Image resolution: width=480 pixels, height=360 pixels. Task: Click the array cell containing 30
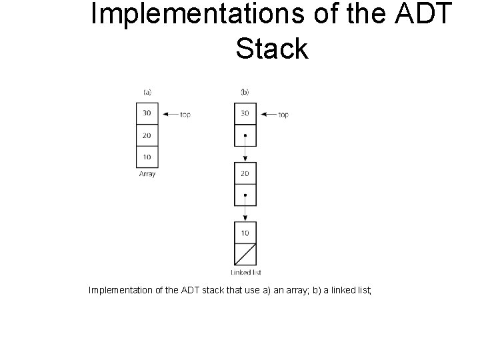pyautogui.click(x=147, y=113)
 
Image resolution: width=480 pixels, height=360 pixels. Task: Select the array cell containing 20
pyautogui.click(x=147, y=135)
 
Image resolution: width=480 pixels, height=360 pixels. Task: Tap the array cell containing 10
pyautogui.click(x=147, y=157)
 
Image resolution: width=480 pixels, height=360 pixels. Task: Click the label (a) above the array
pyautogui.click(x=147, y=92)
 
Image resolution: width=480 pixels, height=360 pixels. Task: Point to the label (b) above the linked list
pyautogui.click(x=245, y=92)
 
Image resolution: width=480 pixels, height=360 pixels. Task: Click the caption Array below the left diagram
pyautogui.click(x=147, y=174)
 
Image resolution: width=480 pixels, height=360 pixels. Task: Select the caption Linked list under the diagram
pyautogui.click(x=245, y=272)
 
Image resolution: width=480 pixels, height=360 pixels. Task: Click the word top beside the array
pyautogui.click(x=185, y=115)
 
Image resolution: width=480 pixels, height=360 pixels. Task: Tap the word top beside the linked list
pyautogui.click(x=283, y=115)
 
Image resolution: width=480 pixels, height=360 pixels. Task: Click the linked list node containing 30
pyautogui.click(x=245, y=113)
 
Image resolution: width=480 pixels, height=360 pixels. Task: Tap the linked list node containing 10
pyautogui.click(x=245, y=233)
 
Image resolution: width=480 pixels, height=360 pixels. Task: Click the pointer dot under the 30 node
pyautogui.click(x=245, y=135)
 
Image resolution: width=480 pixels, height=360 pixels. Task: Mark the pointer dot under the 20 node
pyautogui.click(x=245, y=195)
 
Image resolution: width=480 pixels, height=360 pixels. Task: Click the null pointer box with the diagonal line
pyautogui.click(x=245, y=255)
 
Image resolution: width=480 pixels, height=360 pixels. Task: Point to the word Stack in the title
pyautogui.click(x=272, y=48)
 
